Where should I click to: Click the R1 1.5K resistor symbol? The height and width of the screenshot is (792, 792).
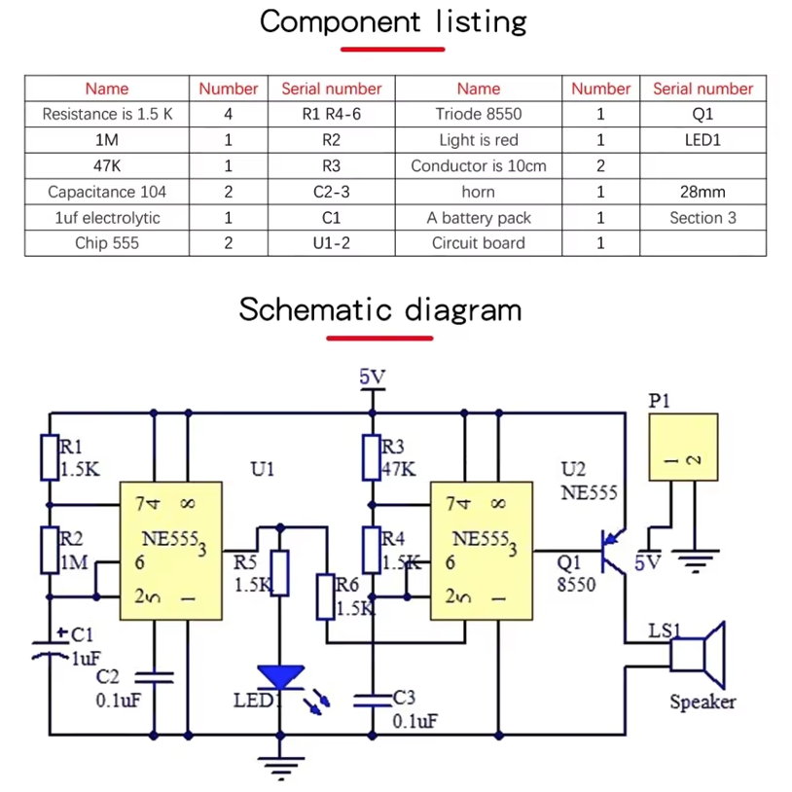pyautogui.click(x=50, y=457)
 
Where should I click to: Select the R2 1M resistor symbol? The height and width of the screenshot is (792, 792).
pyautogui.click(x=50, y=550)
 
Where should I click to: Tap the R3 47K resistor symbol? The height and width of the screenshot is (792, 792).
pyautogui.click(x=371, y=458)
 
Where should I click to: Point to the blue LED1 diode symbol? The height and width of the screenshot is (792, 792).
pyautogui.click(x=281, y=676)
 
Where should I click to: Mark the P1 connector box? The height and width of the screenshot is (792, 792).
pyautogui.click(x=683, y=448)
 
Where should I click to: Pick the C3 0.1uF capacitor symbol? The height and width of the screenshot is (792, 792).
pyautogui.click(x=371, y=700)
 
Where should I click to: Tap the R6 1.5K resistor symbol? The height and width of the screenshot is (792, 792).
pyautogui.click(x=325, y=596)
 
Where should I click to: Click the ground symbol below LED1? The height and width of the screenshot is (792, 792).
pyautogui.click(x=281, y=769)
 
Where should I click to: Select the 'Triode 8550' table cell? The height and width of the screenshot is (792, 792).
pyautogui.click(x=479, y=114)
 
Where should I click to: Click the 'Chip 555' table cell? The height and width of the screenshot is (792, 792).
pyautogui.click(x=107, y=243)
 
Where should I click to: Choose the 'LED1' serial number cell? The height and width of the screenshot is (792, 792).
pyautogui.click(x=702, y=140)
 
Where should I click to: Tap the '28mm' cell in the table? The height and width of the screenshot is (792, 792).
pyautogui.click(x=702, y=192)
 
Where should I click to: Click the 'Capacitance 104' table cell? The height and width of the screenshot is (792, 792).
pyautogui.click(x=107, y=192)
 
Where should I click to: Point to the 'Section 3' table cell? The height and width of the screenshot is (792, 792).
pyautogui.click(x=702, y=218)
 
